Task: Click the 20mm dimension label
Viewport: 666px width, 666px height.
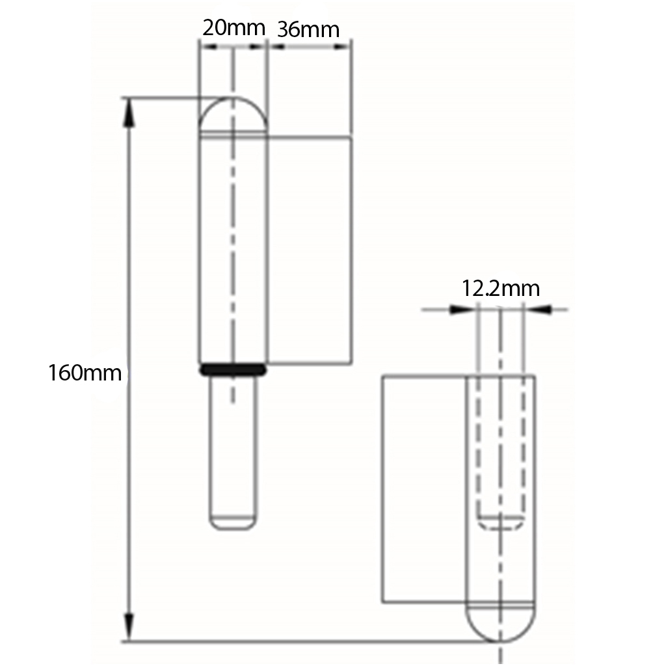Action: tap(233, 28)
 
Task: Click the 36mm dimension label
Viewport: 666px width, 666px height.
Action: tap(308, 29)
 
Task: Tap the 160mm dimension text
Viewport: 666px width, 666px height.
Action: tap(85, 373)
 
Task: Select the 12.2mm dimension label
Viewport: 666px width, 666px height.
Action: tap(500, 288)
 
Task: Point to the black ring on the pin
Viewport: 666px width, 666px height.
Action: tap(233, 369)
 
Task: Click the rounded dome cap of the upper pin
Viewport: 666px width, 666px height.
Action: tap(232, 116)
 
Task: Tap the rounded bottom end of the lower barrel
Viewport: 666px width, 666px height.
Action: tap(500, 622)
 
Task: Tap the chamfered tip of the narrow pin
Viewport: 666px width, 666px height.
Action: tap(232, 523)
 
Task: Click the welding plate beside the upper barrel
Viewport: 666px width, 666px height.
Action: tap(310, 250)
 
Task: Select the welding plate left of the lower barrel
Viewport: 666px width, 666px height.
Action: tap(423, 488)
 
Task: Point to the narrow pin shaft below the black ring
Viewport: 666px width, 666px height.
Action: tap(232, 449)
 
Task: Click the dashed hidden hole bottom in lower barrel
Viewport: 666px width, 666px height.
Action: tap(500, 522)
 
